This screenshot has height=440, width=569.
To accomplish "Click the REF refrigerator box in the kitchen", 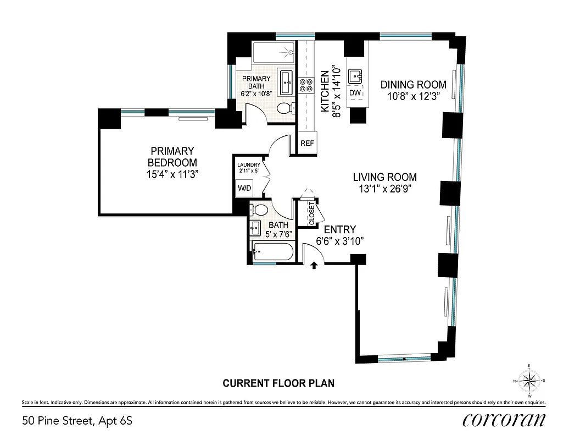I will pos(307,144).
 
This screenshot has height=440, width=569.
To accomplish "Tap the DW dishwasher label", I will pos(355,93).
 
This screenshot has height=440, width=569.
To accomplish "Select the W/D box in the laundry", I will pos(244,188).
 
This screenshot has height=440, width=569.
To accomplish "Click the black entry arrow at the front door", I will pos(314,266).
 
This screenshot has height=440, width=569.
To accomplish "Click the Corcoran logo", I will pos(504,420).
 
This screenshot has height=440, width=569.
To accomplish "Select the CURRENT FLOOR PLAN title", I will pos(278,383).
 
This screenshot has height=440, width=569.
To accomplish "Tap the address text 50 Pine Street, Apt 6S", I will pos(77,421).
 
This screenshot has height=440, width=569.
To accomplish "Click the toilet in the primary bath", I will pos(284,108).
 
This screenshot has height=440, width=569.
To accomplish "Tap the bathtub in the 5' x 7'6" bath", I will pos(273,252).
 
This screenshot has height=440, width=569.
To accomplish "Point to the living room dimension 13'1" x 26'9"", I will pos(384,188).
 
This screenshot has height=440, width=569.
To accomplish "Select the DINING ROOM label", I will pos(413,85).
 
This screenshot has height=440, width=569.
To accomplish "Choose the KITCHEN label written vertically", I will pos(325,91).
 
